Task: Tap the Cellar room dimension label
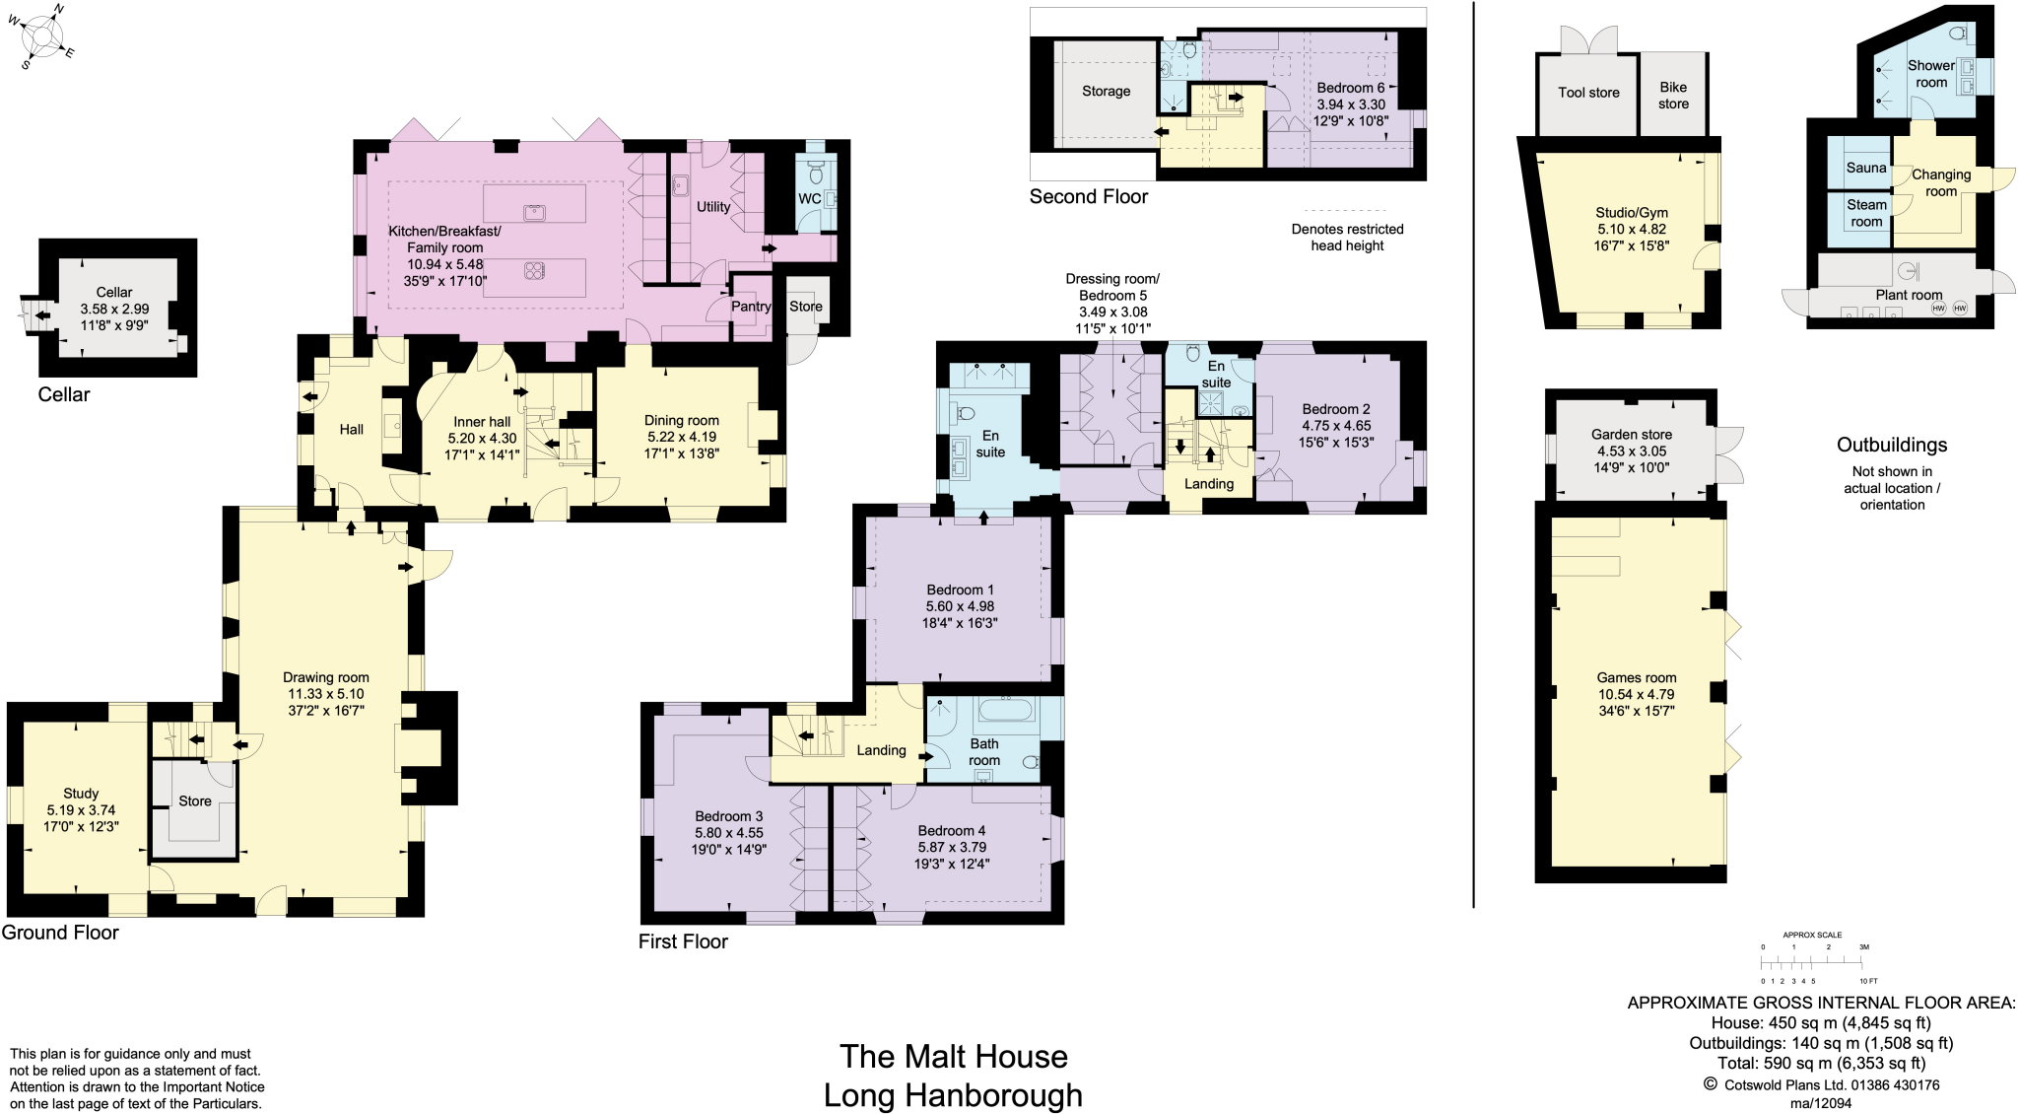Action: (114, 309)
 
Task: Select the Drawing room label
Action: (325, 677)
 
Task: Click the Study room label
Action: (81, 794)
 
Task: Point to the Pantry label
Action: (751, 307)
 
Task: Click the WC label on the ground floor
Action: (809, 198)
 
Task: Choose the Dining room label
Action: (681, 420)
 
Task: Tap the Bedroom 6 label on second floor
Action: (1350, 88)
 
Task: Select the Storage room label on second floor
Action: (1106, 91)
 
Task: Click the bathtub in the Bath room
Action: (1004, 711)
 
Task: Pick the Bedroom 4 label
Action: (951, 831)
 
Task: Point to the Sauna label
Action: (1865, 168)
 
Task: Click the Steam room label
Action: (1866, 213)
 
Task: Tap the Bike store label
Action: (1673, 95)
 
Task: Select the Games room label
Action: (1636, 677)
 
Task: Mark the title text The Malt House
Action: (953, 1057)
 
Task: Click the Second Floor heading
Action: (1089, 196)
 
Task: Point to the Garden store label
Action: (1631, 434)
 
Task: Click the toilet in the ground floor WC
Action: (815, 173)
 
